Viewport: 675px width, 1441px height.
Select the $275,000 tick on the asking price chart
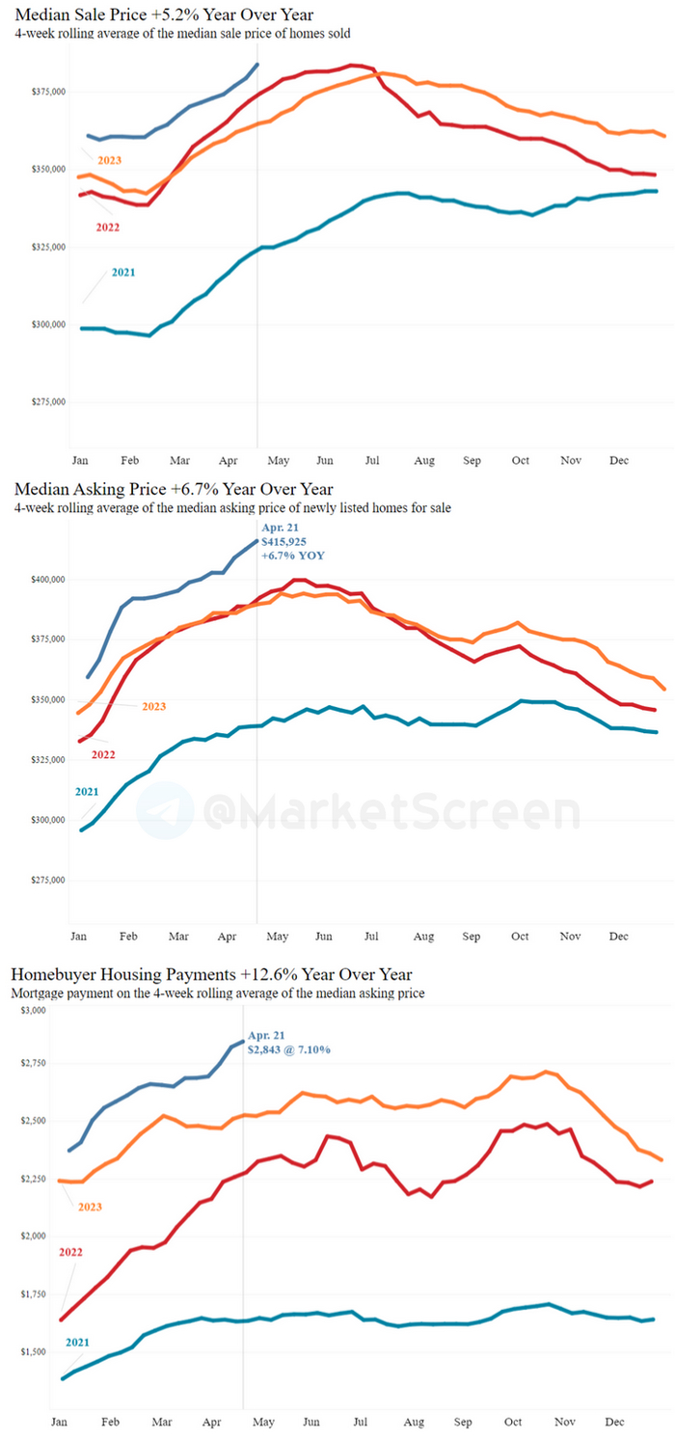(46, 880)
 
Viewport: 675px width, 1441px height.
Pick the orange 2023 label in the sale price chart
(110, 159)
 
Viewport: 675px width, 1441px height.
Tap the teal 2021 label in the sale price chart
(123, 272)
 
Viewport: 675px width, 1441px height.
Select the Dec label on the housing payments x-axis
(615, 1423)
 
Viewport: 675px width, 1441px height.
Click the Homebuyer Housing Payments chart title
(211, 974)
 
